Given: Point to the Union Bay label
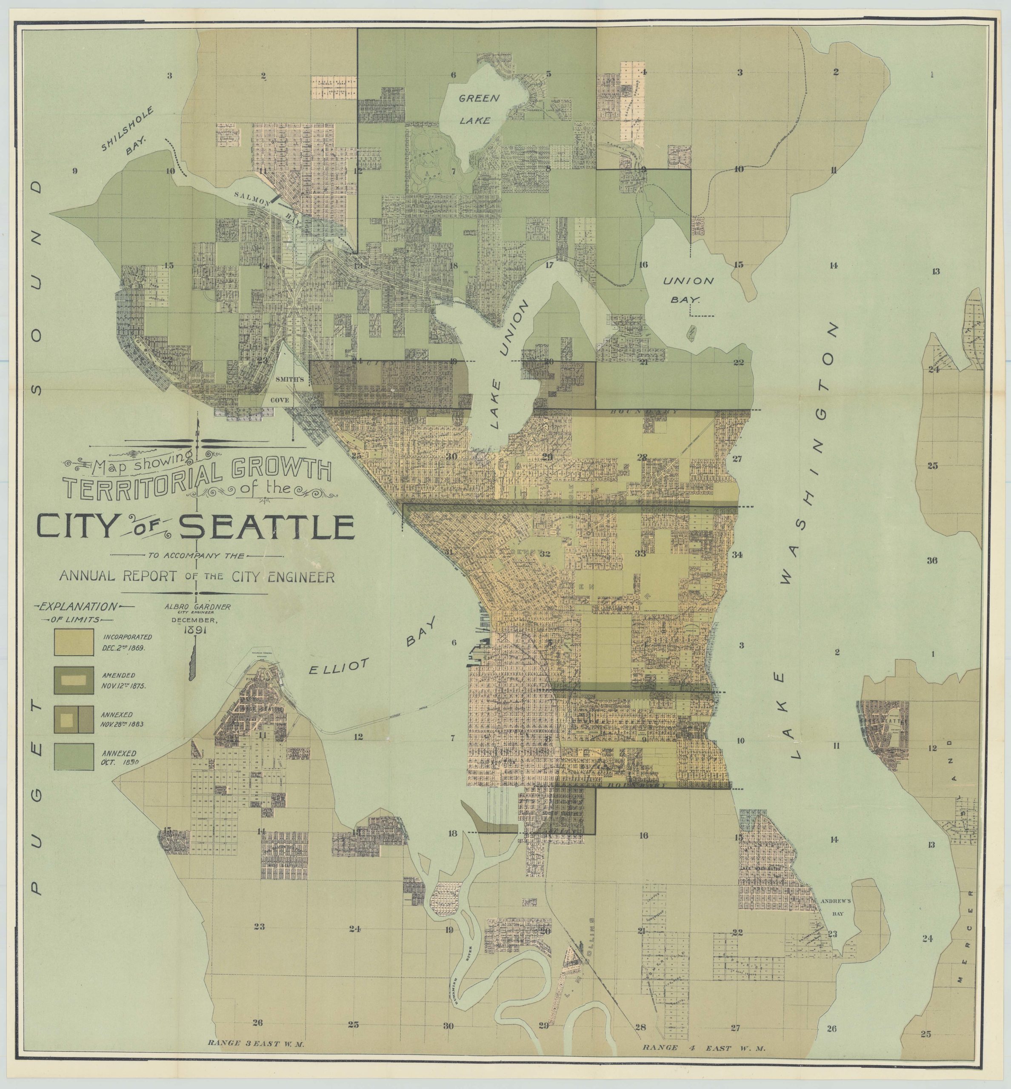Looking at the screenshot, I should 688,289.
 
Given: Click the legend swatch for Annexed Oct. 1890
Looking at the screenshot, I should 73,758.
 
